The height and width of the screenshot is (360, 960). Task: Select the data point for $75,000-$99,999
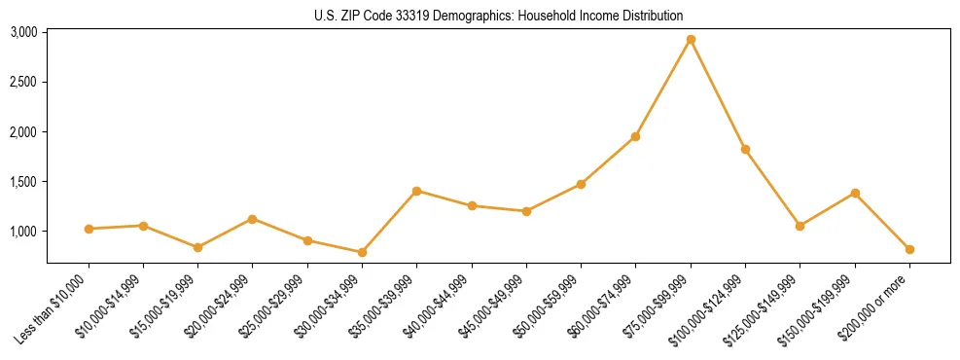tap(691, 40)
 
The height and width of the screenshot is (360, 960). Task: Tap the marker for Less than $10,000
tap(89, 229)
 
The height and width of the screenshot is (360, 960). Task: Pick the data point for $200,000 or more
tap(909, 249)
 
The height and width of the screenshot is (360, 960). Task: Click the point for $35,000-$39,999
tap(416, 191)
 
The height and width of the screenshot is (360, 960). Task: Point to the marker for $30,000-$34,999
tap(362, 252)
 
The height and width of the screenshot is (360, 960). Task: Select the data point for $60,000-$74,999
tap(635, 136)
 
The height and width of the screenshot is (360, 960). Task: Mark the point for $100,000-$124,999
tap(745, 149)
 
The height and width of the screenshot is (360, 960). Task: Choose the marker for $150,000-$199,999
tap(855, 193)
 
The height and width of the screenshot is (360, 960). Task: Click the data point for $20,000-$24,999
tap(253, 219)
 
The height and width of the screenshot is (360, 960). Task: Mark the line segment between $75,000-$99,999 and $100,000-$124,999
tap(718, 94)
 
